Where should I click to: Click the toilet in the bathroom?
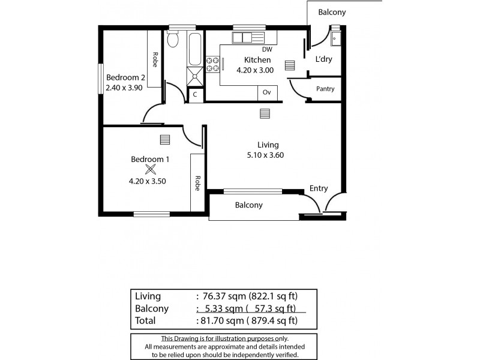point(173,40)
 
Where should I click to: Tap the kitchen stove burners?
point(212,64)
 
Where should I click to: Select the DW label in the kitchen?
point(268,50)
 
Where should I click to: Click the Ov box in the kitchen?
point(267,92)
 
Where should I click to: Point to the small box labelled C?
point(195,95)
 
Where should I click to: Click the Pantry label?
point(325,89)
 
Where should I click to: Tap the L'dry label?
point(324,59)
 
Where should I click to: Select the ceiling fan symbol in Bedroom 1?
point(150,170)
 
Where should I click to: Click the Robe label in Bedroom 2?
point(155,60)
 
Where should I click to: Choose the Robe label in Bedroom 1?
point(197,183)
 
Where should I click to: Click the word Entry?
point(319,188)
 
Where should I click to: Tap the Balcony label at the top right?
point(332,12)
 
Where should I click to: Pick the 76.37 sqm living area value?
point(217,296)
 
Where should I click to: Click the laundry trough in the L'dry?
point(335,38)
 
